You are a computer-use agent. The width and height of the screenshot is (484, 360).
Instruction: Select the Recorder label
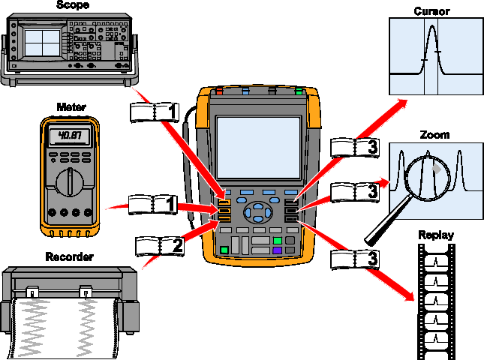point(68,257)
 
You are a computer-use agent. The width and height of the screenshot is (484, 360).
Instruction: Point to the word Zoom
point(434,135)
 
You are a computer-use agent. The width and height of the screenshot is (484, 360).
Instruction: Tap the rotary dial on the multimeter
point(69,182)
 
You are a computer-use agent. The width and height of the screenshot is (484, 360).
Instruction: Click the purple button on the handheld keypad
point(277,250)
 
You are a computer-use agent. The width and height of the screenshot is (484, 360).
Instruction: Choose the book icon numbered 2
point(159,244)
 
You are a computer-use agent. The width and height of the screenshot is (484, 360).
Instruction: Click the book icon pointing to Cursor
point(354,147)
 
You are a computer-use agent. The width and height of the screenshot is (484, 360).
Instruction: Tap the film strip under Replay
point(436,300)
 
